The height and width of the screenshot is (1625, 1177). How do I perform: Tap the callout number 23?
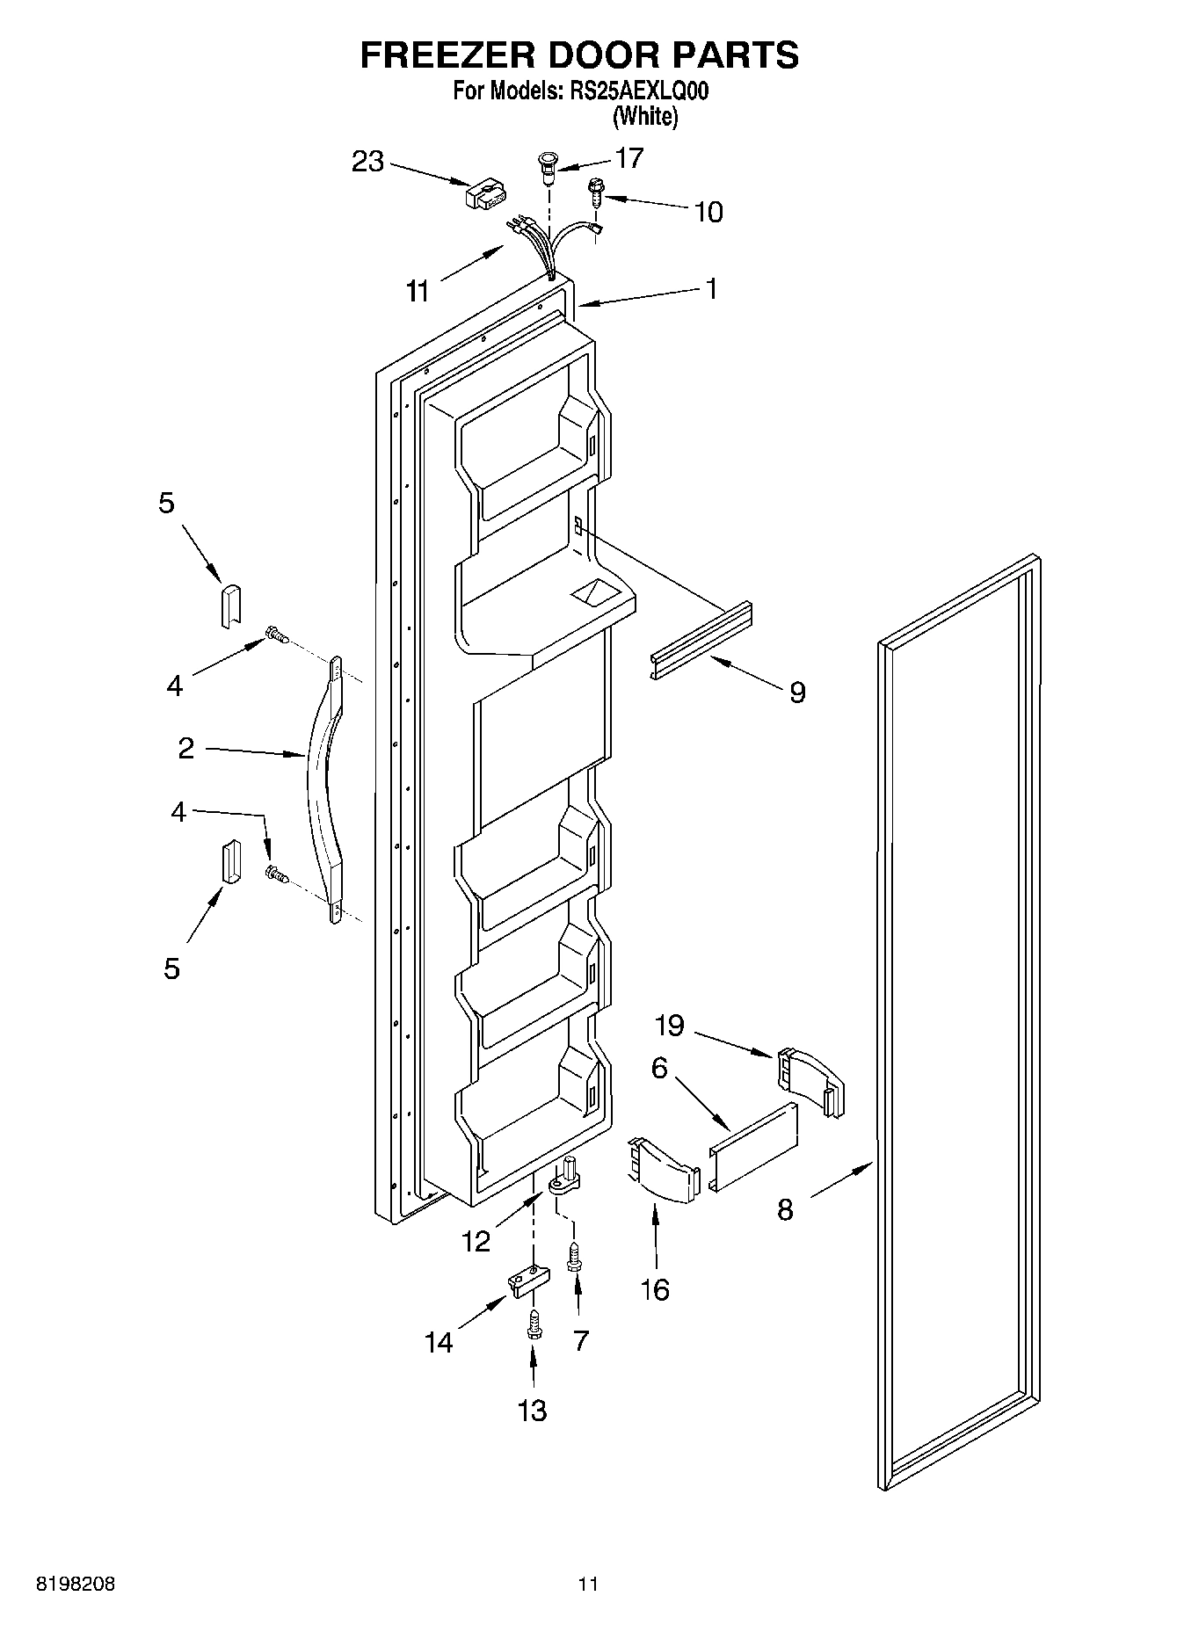coord(368,162)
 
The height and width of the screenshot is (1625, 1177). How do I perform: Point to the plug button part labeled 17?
coord(548,167)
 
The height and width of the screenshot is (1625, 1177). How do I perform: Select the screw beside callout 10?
coord(595,191)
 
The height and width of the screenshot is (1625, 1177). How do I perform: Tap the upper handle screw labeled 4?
coord(277,635)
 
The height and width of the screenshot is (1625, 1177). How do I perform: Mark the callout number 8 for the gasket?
coord(785,1210)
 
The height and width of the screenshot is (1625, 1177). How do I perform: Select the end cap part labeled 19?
coord(810,1081)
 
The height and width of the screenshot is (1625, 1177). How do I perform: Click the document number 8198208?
coord(75,1585)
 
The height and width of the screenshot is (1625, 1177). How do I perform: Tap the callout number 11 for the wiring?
coord(418,290)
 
